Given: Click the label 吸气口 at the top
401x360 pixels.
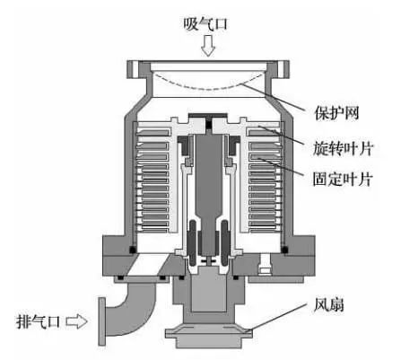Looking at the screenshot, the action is (x=205, y=24).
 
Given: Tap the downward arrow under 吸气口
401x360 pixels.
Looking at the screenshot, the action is (x=207, y=46).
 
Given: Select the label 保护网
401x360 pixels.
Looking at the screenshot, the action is (x=336, y=113).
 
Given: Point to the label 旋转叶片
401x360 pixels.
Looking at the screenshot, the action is (x=343, y=148).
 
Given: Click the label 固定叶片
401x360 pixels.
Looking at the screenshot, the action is (x=343, y=180).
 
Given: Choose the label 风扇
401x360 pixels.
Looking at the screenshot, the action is (x=329, y=305).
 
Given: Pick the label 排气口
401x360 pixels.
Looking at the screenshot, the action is (x=38, y=322).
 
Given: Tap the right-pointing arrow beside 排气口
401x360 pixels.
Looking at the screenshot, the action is (x=76, y=321).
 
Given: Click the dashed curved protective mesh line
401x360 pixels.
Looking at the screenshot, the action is (x=207, y=82).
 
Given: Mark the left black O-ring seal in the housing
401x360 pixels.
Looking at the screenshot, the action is (x=132, y=249).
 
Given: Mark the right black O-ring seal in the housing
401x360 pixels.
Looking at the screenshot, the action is (x=284, y=249).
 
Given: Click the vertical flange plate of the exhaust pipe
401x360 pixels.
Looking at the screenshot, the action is (x=102, y=321).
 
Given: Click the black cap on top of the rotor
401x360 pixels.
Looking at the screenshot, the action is (x=206, y=115).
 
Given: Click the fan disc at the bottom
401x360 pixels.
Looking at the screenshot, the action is (x=208, y=332).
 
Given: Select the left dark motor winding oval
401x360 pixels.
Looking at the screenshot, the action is (x=192, y=243).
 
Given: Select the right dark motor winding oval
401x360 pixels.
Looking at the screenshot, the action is (x=225, y=243).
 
